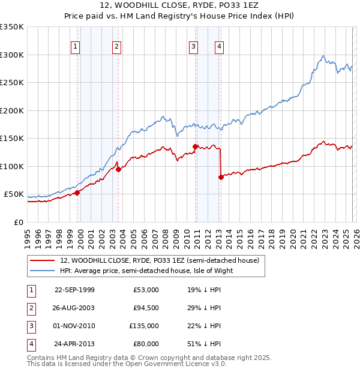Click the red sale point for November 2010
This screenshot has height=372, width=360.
(195, 146)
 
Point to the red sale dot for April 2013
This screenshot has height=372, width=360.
(221, 177)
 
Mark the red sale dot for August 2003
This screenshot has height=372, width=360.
(119, 169)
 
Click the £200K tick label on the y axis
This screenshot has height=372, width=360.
(12, 110)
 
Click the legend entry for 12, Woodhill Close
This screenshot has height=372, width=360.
(159, 260)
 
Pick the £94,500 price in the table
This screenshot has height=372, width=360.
(146, 307)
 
